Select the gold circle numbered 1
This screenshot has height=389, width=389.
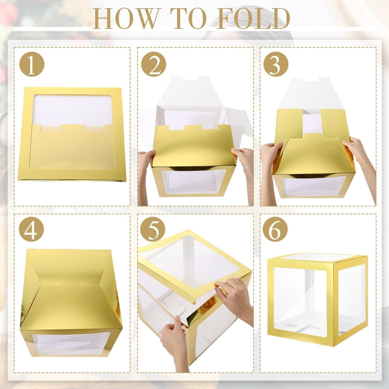[x=32, y=65]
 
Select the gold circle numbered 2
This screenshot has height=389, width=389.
[x=154, y=65]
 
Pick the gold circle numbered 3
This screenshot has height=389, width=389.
[x=276, y=65]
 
